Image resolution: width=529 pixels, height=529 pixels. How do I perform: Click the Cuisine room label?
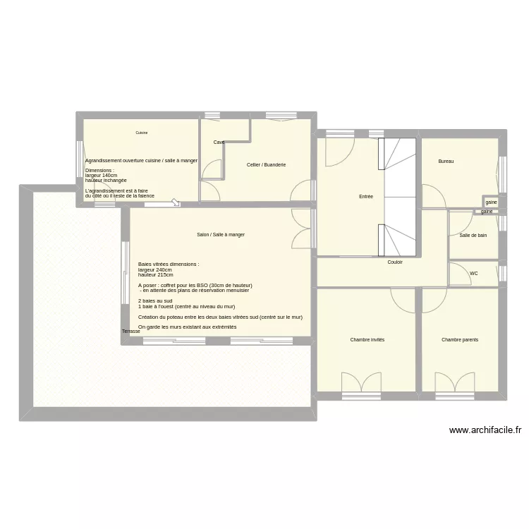[142, 133]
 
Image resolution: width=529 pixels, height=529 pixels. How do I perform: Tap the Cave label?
[219, 142]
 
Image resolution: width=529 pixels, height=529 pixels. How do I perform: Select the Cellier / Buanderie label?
[266, 165]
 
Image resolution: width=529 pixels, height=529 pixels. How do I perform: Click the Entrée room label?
[365, 197]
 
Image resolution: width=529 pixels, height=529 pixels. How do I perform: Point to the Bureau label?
[446, 162]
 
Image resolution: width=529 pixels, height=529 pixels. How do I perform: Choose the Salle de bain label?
[473, 236]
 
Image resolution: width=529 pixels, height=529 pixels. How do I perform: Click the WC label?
[473, 273]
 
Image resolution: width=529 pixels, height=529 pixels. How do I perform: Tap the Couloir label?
[395, 262]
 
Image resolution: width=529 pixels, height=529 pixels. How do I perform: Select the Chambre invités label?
[367, 340]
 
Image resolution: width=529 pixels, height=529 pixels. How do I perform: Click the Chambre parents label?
[460, 340]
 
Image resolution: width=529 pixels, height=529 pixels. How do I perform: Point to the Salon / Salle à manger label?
[221, 235]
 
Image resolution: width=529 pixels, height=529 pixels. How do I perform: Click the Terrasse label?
[130, 331]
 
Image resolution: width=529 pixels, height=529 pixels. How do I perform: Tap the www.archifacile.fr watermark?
[485, 430]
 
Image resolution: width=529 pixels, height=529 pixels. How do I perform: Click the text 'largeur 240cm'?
[155, 270]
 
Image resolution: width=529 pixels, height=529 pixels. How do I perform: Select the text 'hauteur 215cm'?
[155, 275]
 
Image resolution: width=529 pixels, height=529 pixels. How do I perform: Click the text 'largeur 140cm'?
[101, 175]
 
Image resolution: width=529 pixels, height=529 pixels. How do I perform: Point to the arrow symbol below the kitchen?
[174, 203]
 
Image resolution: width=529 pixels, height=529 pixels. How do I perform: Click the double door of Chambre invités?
[361, 383]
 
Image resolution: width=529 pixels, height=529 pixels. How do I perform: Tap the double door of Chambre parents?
[454, 383]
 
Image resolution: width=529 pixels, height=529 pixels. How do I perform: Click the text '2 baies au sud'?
[155, 301]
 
